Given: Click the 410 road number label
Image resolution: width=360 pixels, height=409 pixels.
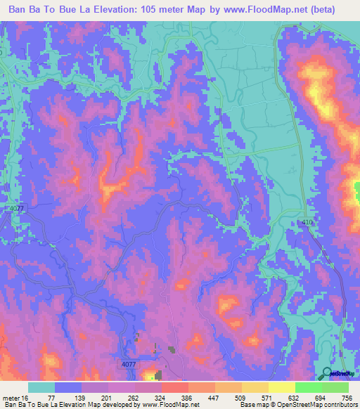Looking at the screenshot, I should tap(307, 222).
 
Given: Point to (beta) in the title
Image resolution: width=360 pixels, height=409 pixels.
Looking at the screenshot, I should tap(321, 10).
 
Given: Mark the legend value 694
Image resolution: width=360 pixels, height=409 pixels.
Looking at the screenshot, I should tap(320, 397).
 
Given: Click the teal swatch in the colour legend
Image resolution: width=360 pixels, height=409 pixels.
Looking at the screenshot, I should tap(41, 387).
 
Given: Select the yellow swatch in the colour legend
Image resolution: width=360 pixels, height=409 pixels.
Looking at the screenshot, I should tap(255, 387).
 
